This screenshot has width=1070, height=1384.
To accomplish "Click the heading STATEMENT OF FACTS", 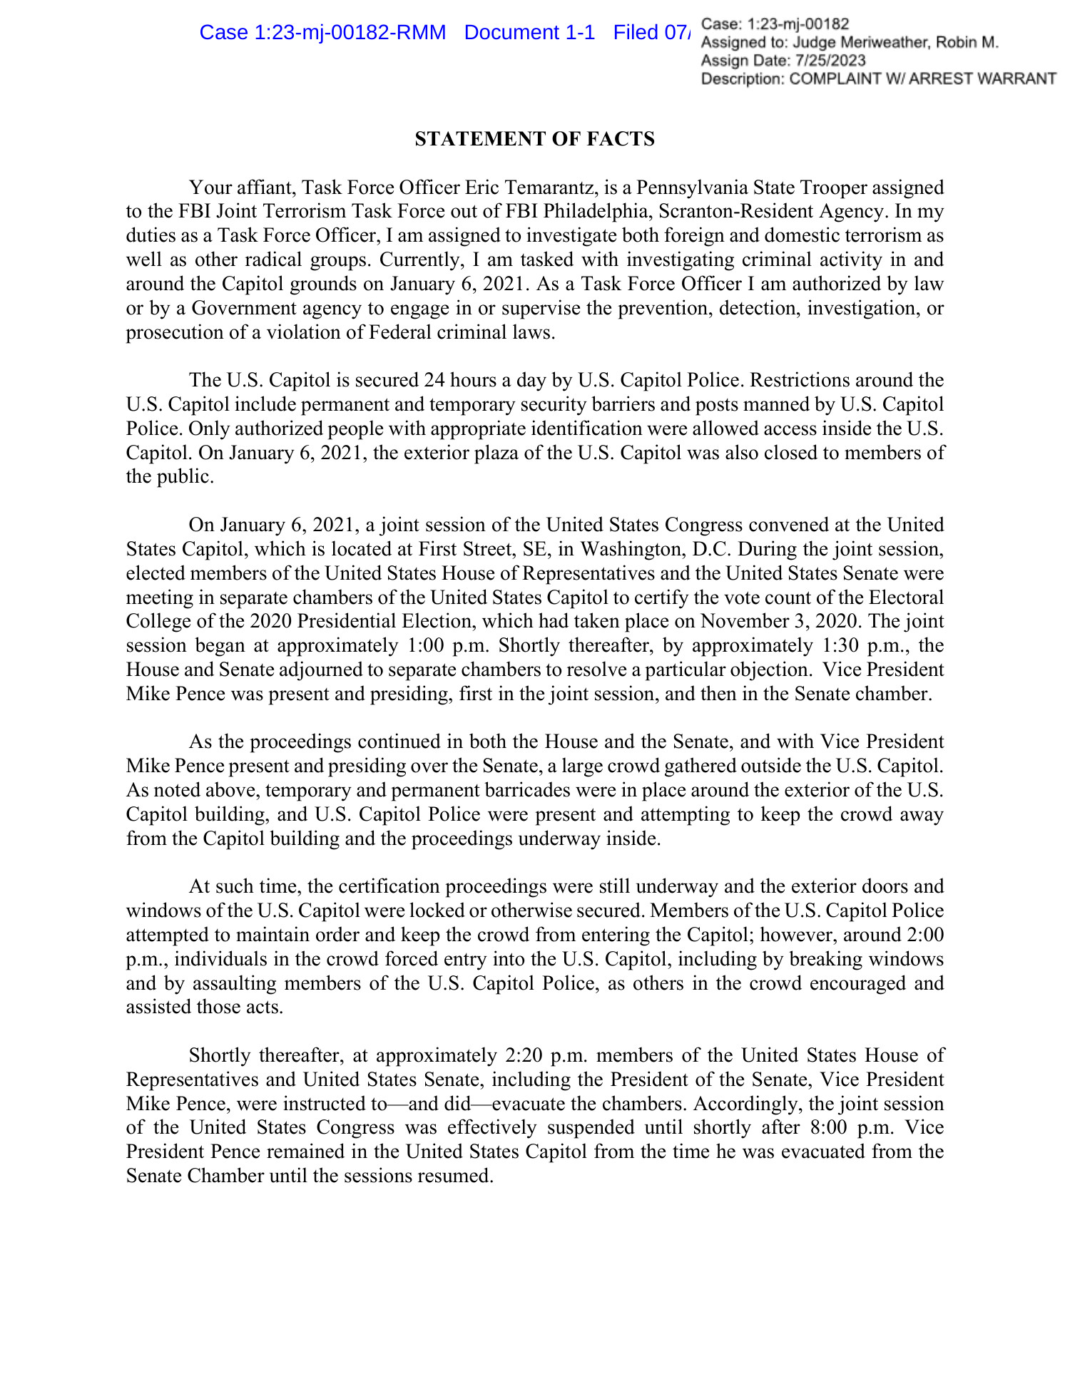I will [534, 139].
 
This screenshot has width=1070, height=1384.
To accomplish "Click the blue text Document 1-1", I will [529, 33].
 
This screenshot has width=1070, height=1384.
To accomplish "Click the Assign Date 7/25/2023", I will [827, 61].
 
